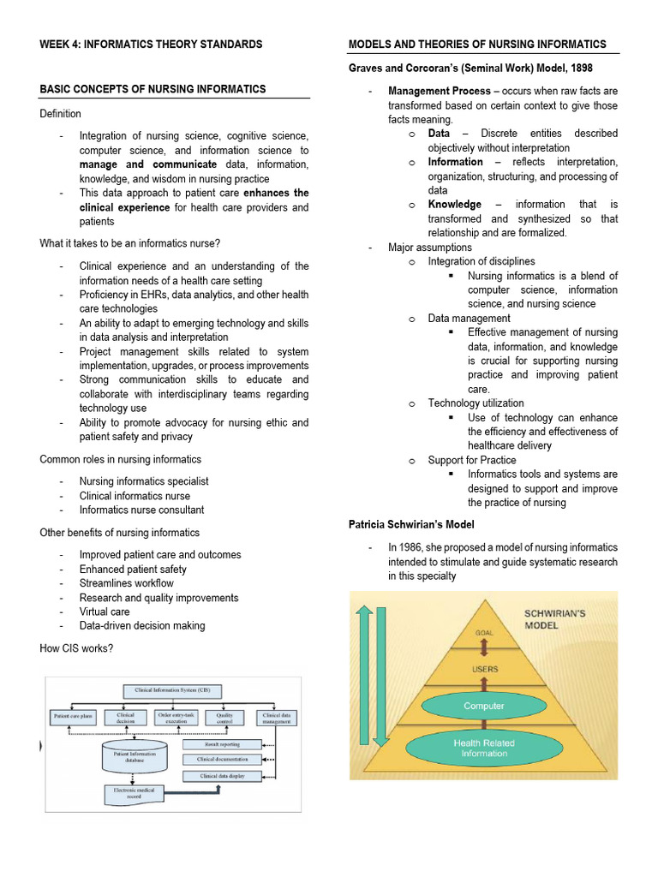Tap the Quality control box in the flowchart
pyautogui.click(x=224, y=719)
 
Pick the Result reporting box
pyautogui.click(x=221, y=744)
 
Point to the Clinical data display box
pyautogui.click(x=221, y=776)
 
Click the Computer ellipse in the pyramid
pyautogui.click(x=484, y=706)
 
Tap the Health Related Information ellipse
pyautogui.click(x=484, y=748)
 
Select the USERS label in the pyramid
pyautogui.click(x=484, y=668)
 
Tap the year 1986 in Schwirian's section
pyautogui.click(x=413, y=547)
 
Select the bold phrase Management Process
pyautogui.click(x=440, y=91)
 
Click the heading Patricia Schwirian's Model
pyautogui.click(x=410, y=523)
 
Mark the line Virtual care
pyautogui.click(x=105, y=612)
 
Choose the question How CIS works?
pyautogui.click(x=76, y=647)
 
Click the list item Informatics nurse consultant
pyautogui.click(x=141, y=510)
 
